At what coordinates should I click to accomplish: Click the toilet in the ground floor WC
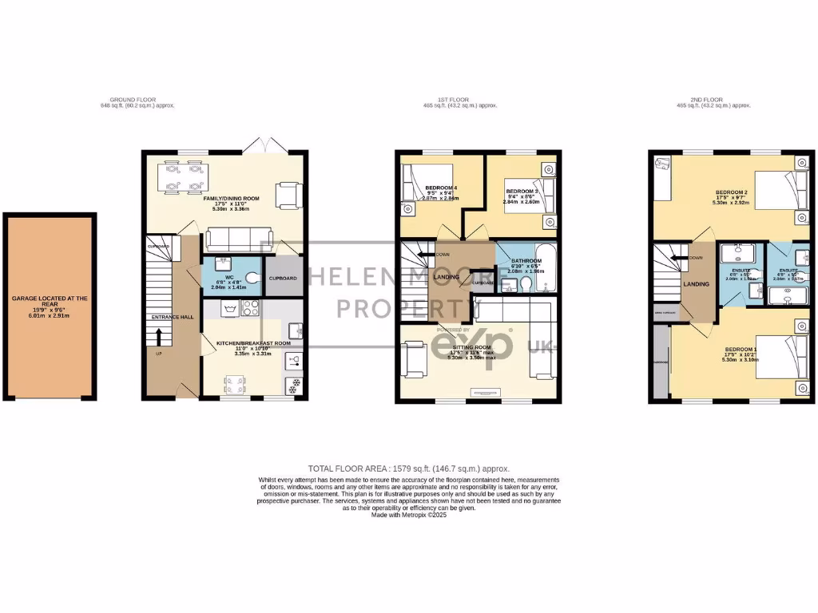252,277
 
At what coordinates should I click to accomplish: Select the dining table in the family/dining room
183,178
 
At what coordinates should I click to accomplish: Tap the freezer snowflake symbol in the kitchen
293,384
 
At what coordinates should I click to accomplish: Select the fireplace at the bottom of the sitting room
483,392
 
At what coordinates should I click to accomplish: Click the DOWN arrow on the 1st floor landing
434,255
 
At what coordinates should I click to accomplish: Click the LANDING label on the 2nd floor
693,283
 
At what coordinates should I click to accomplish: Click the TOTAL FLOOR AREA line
409,469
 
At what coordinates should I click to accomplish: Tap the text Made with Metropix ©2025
409,516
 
